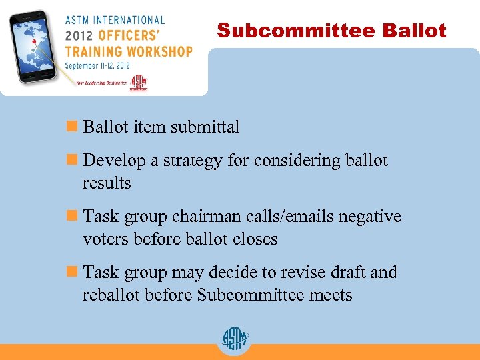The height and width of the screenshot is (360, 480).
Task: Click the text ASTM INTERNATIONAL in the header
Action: (114, 20)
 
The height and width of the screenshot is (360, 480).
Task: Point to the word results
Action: (107, 183)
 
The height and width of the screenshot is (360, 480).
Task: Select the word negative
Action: (370, 217)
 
